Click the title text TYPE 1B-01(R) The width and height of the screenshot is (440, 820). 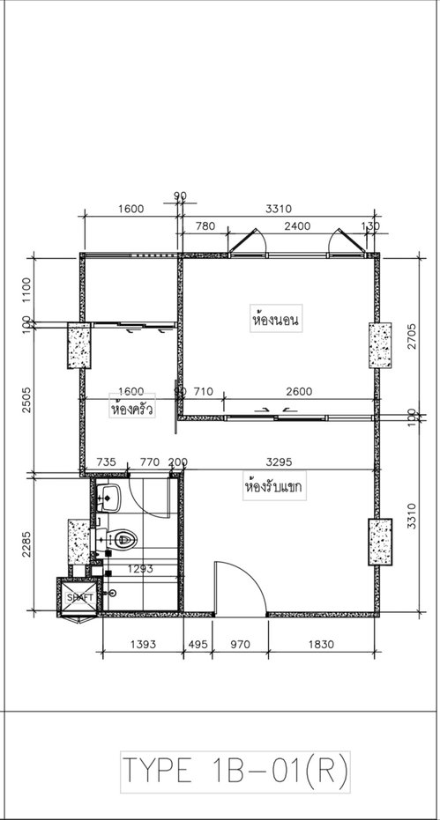point(235,772)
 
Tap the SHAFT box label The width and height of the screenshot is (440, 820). point(80,596)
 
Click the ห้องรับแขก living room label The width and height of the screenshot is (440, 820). point(274,487)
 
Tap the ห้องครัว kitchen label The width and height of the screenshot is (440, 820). point(131,409)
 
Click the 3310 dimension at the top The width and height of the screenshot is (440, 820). point(278,210)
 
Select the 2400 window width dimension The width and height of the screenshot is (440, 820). point(297,225)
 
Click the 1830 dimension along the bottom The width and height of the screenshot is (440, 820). point(321,645)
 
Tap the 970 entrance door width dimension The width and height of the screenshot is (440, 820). point(241,645)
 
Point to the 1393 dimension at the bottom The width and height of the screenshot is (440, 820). point(143,645)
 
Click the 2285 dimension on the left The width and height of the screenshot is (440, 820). point(26,544)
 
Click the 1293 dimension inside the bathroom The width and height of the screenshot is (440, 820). point(140,569)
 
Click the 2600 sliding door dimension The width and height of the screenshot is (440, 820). point(299,391)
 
